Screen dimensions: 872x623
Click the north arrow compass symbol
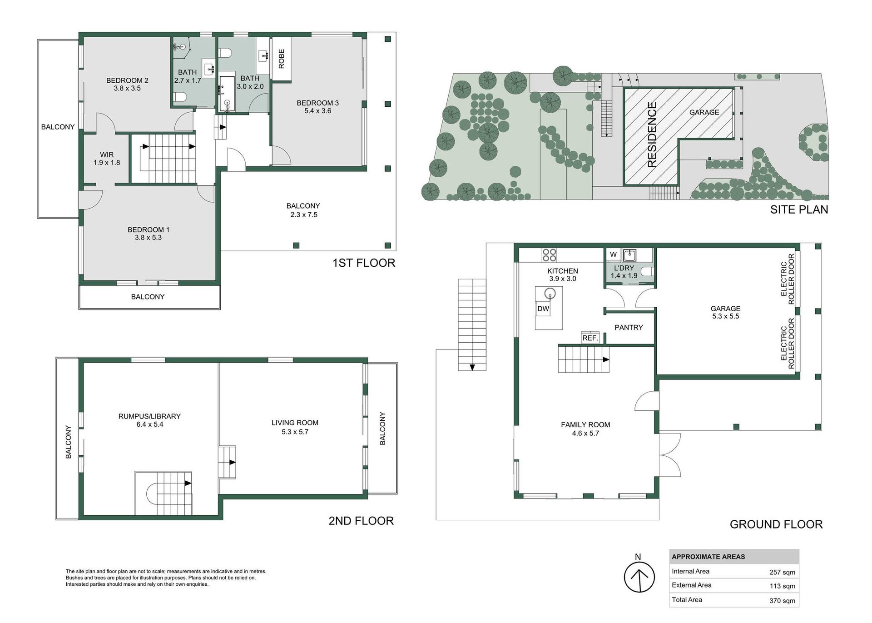coord(639,577)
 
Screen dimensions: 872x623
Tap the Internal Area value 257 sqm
coord(782,573)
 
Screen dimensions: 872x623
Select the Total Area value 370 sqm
coord(782,601)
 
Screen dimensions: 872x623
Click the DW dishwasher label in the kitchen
coord(543,309)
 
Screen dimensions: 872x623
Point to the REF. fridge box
coord(590,338)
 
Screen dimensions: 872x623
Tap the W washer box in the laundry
coord(613,254)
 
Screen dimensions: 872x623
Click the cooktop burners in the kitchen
coord(550,255)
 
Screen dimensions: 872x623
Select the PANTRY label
coord(629,327)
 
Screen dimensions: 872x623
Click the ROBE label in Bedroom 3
coord(282,59)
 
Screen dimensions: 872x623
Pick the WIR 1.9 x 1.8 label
coord(107,159)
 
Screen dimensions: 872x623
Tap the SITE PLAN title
coord(799,209)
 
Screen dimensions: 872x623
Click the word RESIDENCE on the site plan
coord(652,135)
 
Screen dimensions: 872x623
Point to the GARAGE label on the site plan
coord(704,112)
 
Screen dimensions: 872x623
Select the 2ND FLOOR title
coord(361,521)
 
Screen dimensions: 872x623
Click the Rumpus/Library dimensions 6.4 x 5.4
coord(149,424)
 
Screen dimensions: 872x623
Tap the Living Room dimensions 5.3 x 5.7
coord(295,432)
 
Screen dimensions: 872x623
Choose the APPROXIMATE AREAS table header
coord(708,557)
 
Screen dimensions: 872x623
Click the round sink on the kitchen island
coord(550,293)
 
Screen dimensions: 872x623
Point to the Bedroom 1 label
coord(149,230)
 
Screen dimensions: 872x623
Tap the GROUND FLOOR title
coord(776,524)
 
